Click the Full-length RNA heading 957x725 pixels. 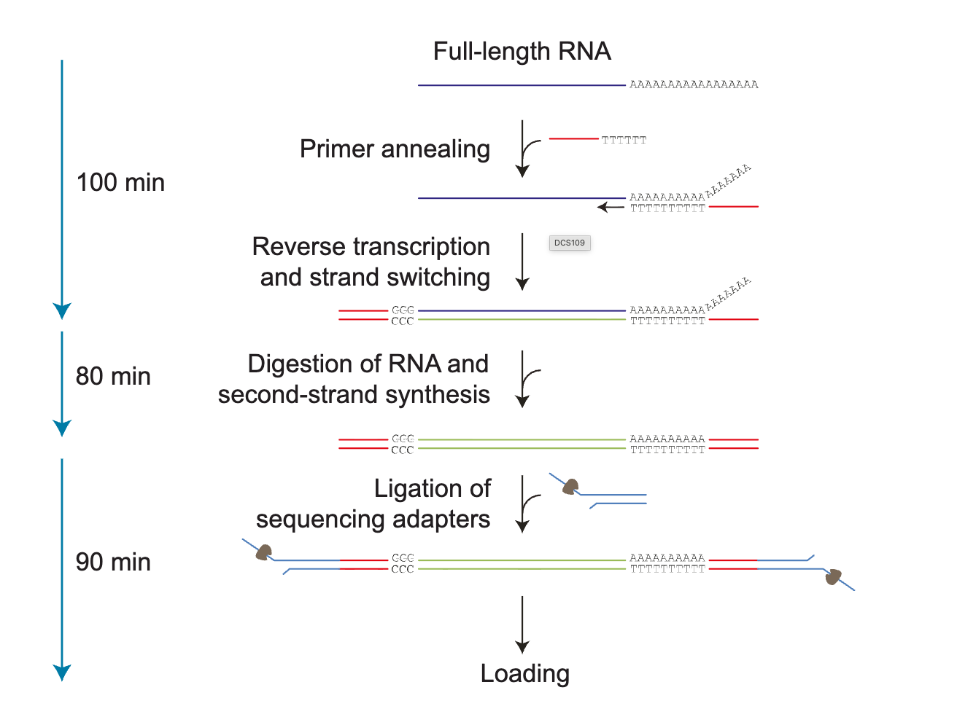pos(522,52)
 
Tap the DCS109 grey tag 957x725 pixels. pos(570,243)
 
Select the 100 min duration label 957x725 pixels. pos(120,182)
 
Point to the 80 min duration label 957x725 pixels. pos(113,376)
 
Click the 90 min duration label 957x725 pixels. pos(113,562)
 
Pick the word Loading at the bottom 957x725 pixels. pos(524,673)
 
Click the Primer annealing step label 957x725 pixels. pos(395,149)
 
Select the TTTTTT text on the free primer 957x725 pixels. pos(624,140)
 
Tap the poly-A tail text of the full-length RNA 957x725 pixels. pos(694,85)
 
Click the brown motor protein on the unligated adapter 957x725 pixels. pos(570,486)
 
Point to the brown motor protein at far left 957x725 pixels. pos(263,552)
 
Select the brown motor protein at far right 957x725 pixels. pos(832,577)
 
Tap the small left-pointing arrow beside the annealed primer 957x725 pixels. pos(610,208)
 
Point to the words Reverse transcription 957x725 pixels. pos(371,246)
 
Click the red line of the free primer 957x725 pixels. pos(573,138)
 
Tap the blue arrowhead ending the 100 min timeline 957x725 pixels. pos(62,311)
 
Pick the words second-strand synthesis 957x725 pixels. pos(354,394)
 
